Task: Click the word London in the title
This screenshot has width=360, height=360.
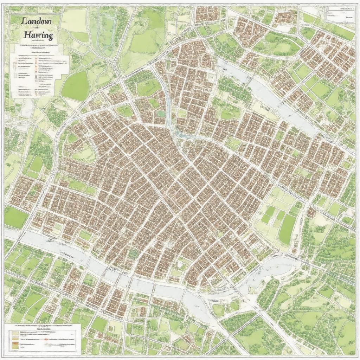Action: [x=36, y=21]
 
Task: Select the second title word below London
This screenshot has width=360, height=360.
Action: [x=38, y=35]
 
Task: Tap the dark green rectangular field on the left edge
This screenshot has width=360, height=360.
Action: [x=15, y=217]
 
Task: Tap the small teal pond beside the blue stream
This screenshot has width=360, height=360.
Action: [x=161, y=114]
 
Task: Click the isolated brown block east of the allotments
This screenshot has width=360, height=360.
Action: [x=311, y=213]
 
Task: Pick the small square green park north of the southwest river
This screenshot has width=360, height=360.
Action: [x=84, y=235]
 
